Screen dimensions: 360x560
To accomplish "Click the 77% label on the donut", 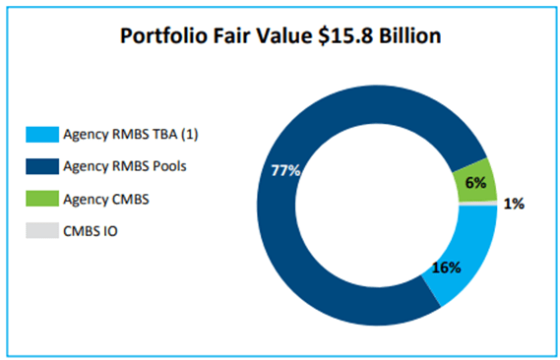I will [286, 169].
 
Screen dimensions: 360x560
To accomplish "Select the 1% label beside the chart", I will [515, 205].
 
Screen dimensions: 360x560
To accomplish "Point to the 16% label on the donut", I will [447, 267].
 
